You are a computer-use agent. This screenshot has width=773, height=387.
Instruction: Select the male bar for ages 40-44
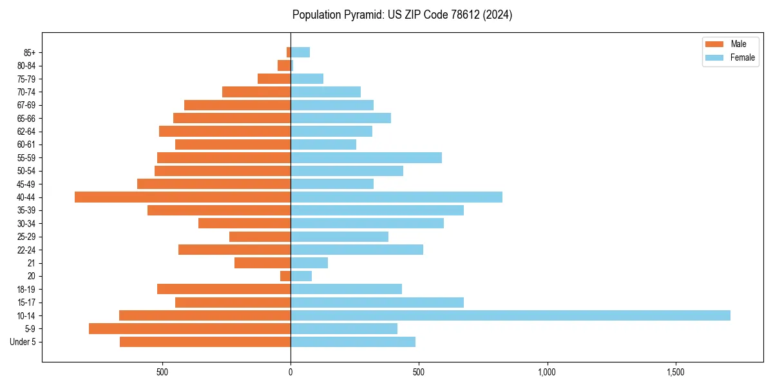(x=183, y=197)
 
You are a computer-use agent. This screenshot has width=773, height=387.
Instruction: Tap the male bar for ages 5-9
(x=190, y=328)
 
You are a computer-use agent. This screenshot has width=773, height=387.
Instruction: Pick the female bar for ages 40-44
(x=396, y=197)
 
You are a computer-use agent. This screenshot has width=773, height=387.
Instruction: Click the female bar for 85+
(x=300, y=52)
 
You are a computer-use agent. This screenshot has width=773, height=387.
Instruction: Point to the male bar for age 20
(x=285, y=276)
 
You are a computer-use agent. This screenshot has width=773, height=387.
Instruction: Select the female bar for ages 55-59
(x=366, y=158)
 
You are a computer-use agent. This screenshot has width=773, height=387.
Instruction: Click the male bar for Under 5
(x=205, y=342)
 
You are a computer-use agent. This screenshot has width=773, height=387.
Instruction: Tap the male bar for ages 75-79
(x=274, y=79)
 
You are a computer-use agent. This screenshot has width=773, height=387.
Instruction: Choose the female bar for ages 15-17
(x=377, y=303)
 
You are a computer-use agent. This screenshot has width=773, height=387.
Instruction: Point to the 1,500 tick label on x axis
(x=675, y=372)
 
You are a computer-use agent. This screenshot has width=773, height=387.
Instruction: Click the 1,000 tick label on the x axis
(x=547, y=372)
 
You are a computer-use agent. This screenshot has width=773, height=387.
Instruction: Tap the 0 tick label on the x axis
(x=291, y=372)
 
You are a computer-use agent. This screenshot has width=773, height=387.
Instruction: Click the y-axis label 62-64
(x=26, y=132)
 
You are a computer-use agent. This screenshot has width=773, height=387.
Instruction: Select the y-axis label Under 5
(x=23, y=342)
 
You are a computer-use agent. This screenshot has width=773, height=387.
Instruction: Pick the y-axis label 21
(x=32, y=263)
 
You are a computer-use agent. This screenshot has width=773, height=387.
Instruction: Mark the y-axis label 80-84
(x=26, y=66)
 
